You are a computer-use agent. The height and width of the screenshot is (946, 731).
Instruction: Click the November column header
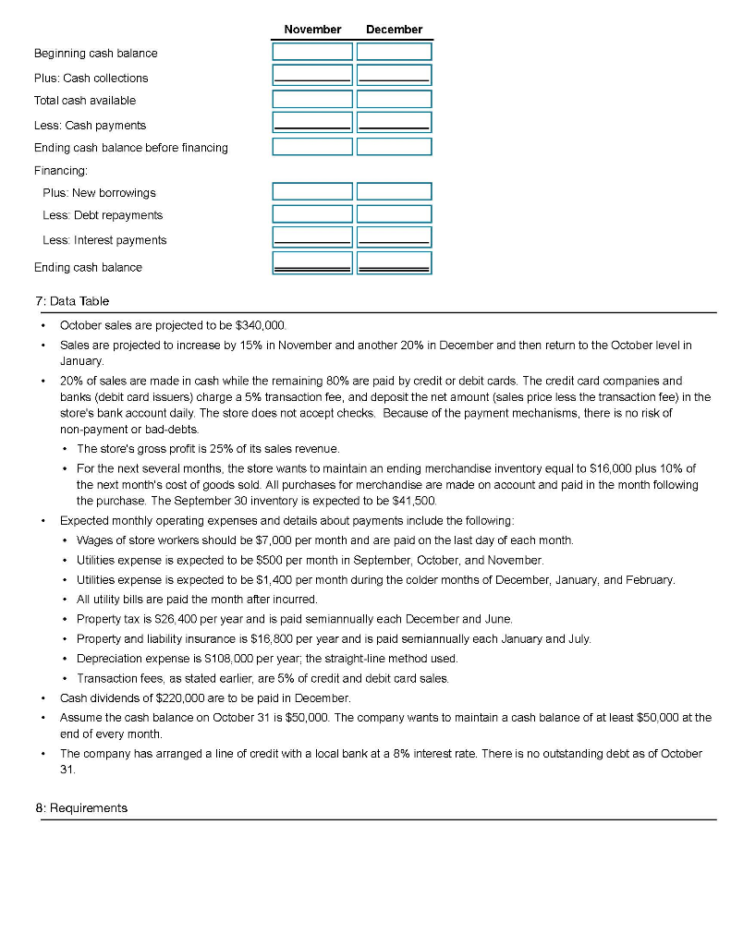tap(312, 30)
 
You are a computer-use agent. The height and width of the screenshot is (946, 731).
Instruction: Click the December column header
tap(394, 30)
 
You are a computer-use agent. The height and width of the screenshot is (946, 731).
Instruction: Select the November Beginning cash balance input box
tap(312, 52)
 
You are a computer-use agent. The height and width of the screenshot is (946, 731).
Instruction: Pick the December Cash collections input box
tap(394, 76)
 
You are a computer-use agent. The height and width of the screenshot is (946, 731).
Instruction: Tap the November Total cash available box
tap(312, 99)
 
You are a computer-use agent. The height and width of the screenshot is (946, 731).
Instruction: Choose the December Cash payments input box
tap(394, 122)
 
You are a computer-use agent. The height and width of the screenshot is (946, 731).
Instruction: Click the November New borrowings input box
tap(312, 191)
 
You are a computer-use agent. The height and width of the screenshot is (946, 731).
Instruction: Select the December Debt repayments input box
tap(394, 214)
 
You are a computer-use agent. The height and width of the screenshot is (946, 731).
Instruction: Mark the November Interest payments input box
tap(312, 237)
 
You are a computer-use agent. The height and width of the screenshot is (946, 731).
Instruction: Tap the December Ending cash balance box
tap(394, 264)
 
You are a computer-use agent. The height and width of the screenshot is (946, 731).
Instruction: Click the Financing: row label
tap(60, 170)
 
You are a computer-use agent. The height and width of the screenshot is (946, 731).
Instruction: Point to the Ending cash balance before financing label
tap(130, 148)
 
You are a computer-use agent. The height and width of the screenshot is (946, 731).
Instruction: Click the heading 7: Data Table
tap(71, 300)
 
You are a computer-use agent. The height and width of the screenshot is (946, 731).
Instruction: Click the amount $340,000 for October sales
tap(265, 326)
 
